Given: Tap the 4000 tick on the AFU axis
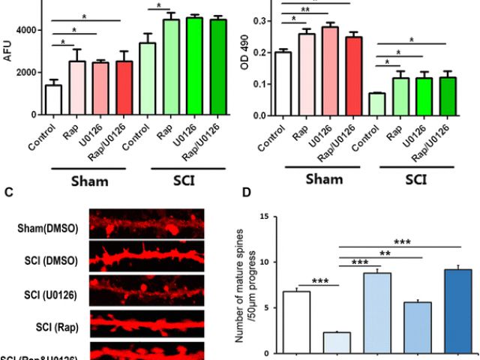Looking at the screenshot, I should tap(26, 30).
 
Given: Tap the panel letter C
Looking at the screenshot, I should tap(10, 193).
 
